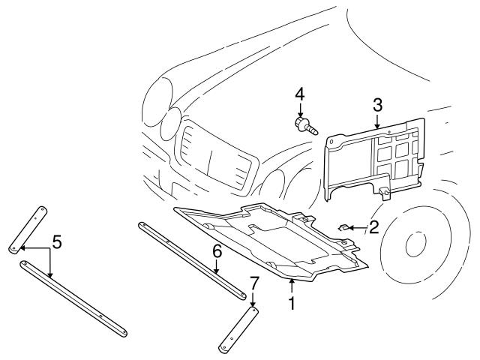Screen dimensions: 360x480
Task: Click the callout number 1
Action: pos(292,304)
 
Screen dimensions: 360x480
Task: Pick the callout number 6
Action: pos(217,251)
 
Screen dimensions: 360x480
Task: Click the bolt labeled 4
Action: pos(302,123)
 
